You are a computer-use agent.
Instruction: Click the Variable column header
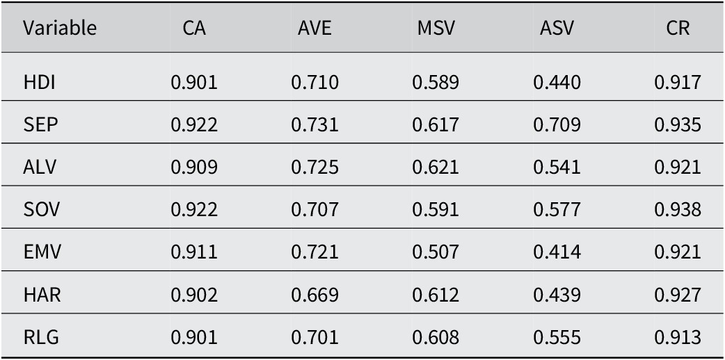(60, 28)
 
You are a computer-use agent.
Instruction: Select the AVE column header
(314, 28)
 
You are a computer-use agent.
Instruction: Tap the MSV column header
(436, 28)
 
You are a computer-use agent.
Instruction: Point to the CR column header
(678, 28)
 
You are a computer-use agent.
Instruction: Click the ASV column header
(556, 28)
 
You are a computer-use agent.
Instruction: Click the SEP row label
(40, 125)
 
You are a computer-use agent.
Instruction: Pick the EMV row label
(42, 252)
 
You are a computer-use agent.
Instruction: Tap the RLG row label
(41, 337)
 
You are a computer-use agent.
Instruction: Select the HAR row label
(42, 295)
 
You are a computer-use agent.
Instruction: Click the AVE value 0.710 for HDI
(315, 83)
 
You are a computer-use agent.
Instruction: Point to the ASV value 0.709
(557, 125)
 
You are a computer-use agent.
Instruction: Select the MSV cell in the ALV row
(436, 167)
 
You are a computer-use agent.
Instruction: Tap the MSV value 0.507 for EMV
(436, 252)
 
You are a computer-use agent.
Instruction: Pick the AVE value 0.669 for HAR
(315, 295)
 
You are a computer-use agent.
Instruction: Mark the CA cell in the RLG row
(194, 337)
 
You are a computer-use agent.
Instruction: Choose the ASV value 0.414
(557, 252)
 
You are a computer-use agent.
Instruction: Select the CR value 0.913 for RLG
(678, 337)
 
